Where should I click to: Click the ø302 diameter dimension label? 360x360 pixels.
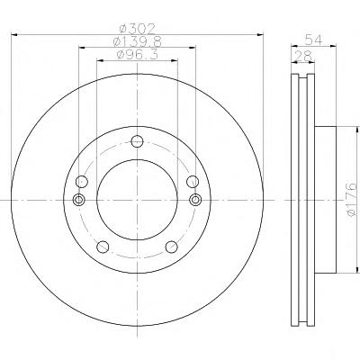(138, 29)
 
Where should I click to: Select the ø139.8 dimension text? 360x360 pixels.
(138, 41)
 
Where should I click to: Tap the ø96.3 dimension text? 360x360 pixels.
(138, 55)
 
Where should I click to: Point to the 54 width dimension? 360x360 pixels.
(313, 40)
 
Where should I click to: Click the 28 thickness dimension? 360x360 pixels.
(304, 56)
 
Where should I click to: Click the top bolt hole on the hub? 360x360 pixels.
(138, 141)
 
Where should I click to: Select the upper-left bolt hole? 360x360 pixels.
(82, 182)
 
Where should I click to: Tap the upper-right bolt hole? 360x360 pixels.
(193, 182)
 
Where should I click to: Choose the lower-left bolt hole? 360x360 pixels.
(103, 247)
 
